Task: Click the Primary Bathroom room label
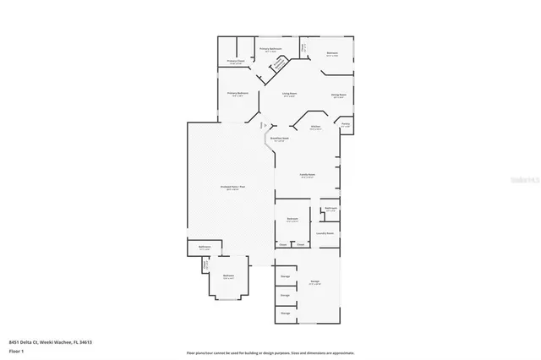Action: (x=270, y=49)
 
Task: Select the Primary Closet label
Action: (x=236, y=62)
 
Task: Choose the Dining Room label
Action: (x=338, y=95)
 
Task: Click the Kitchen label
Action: (x=314, y=127)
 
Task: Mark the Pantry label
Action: (x=345, y=123)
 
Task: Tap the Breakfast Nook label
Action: (x=280, y=138)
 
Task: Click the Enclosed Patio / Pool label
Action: (x=232, y=187)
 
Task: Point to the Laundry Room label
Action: (x=325, y=232)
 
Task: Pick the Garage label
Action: (x=314, y=281)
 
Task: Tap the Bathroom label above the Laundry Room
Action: (x=331, y=208)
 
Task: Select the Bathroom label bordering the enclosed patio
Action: (x=204, y=248)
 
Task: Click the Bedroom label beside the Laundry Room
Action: (x=292, y=219)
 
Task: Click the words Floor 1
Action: (x=18, y=349)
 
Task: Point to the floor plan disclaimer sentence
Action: (x=270, y=352)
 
